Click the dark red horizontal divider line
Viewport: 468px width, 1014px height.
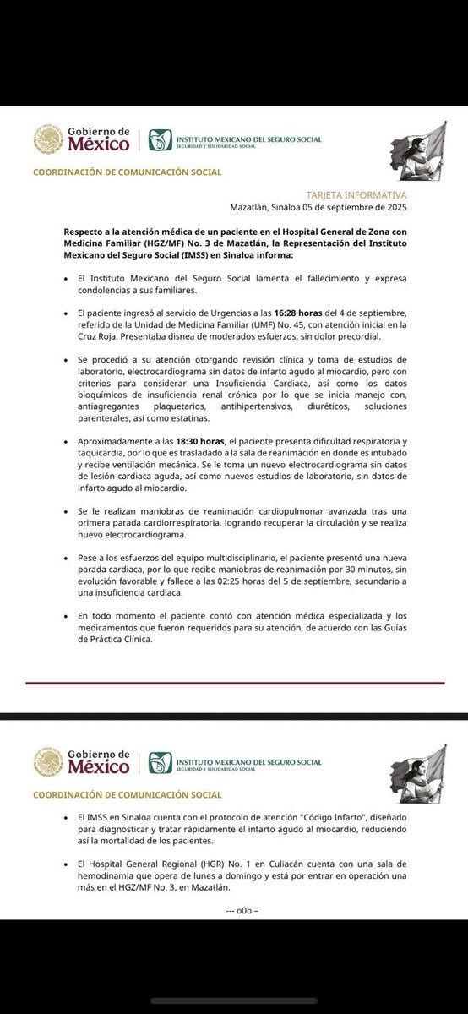pyautogui.click(x=233, y=683)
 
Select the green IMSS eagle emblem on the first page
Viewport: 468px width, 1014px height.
pyautogui.click(x=160, y=139)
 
